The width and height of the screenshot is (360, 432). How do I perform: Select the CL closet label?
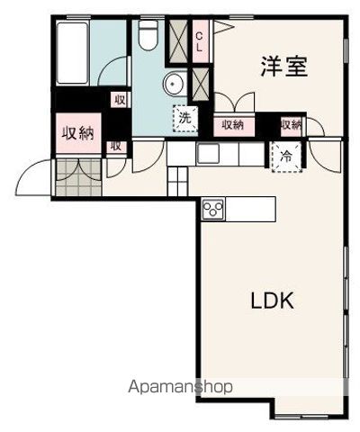tap(199, 40)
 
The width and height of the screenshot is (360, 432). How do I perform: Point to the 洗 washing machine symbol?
tap(184, 117)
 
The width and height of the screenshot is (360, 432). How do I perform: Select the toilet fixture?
tap(149, 36)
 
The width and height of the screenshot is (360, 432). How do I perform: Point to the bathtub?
tap(71, 53)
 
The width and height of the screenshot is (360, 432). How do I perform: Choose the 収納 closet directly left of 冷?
tap(291, 125)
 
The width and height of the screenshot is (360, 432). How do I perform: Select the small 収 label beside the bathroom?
tap(118, 101)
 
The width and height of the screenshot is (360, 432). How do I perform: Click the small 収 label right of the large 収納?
tap(115, 145)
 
